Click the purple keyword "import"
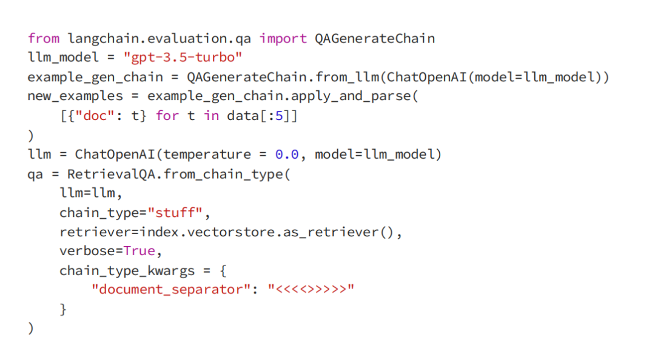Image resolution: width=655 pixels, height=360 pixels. click(283, 38)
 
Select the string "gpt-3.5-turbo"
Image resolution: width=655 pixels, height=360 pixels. click(179, 58)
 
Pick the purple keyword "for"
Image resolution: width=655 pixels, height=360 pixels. click(167, 116)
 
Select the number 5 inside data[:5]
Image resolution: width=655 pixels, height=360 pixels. click(279, 116)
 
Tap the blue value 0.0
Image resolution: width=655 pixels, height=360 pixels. click(287, 155)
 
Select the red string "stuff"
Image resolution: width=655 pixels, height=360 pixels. click(179, 213)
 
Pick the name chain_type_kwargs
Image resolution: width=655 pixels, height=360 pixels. click(127, 271)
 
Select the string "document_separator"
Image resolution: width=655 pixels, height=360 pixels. click(167, 290)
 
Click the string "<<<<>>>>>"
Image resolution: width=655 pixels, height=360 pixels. click(311, 290)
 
